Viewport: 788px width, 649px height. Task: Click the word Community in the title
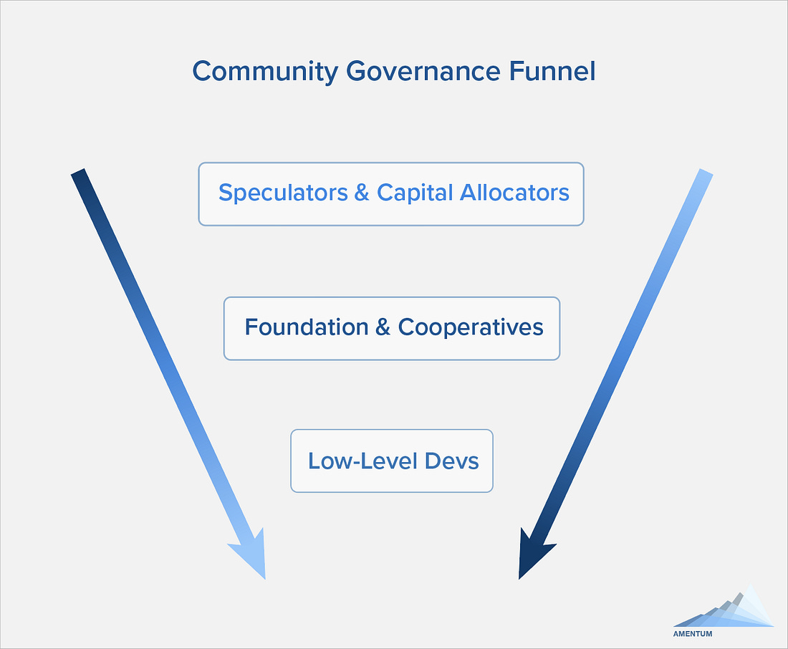pos(265,72)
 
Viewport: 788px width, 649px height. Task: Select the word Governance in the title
pos(423,71)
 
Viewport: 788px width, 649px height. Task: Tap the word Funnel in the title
pos(552,70)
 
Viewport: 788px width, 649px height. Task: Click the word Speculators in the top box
pos(283,193)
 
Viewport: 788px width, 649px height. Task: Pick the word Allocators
pos(514,193)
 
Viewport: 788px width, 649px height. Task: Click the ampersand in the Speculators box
pos(362,193)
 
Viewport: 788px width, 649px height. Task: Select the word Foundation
pos(307,327)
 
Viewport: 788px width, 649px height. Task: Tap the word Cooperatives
pos(471,328)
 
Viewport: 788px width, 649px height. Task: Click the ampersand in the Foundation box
pos(383,327)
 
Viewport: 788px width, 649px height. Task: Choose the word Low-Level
pos(363,461)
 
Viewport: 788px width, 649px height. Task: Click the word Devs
pos(452,461)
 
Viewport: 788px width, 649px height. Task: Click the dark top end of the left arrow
pos(78,173)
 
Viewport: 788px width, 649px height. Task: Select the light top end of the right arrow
pos(706,173)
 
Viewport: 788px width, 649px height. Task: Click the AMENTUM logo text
pos(693,634)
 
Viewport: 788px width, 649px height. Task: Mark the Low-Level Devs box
pos(392,461)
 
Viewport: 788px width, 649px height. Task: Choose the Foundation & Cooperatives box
pos(392,329)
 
